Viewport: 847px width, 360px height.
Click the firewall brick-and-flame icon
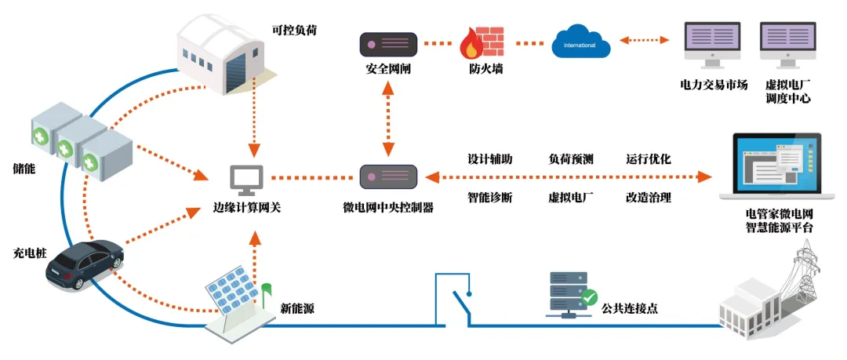(x=481, y=44)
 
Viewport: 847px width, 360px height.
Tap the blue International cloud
(x=580, y=43)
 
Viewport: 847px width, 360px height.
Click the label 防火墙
(x=481, y=69)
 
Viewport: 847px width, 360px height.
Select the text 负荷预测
(x=570, y=158)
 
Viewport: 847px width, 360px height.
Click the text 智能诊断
(x=490, y=197)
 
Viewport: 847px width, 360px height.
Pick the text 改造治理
(x=648, y=197)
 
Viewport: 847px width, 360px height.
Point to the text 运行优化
(x=648, y=158)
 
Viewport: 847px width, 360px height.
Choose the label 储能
(x=24, y=167)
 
